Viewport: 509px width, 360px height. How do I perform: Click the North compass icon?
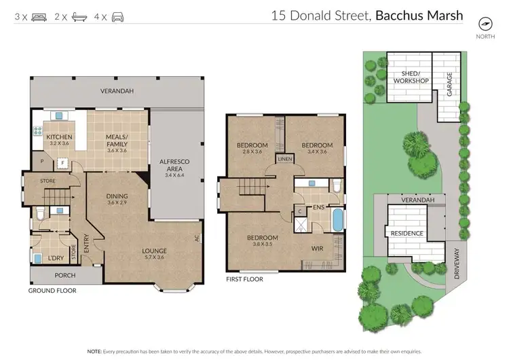click(x=485, y=22)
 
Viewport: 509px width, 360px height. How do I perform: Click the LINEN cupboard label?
click(x=284, y=160)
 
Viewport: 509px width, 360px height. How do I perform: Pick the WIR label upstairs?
click(x=316, y=249)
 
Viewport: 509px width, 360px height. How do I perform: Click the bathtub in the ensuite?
click(x=337, y=219)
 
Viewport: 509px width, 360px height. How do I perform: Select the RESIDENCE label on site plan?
click(x=407, y=234)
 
